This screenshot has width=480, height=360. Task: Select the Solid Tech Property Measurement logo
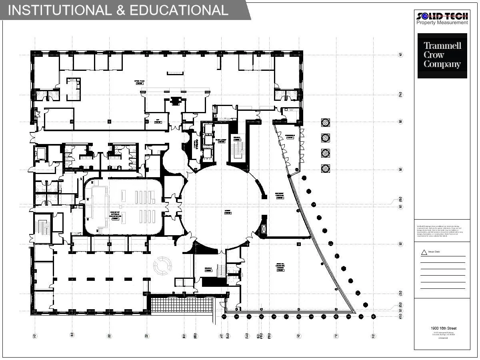point(442,18)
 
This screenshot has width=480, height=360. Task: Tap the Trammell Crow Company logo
point(442,55)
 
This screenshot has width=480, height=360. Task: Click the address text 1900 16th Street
point(442,328)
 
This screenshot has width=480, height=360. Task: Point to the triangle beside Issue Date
point(424,252)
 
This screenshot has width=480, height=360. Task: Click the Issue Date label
point(434,252)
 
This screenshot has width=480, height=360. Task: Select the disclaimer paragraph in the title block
point(442,231)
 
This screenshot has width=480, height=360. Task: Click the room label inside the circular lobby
point(228,212)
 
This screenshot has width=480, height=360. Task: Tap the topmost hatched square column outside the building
point(326,122)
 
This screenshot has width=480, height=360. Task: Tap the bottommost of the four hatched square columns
point(326,168)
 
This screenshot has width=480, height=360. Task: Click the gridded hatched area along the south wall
point(182,305)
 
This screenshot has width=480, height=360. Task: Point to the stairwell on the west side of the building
point(43,228)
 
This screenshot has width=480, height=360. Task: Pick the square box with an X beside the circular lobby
point(264,229)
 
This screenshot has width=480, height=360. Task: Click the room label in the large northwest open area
point(139,82)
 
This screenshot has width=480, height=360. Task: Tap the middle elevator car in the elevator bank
point(208,140)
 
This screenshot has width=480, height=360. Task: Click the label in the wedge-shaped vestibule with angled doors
point(290,136)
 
